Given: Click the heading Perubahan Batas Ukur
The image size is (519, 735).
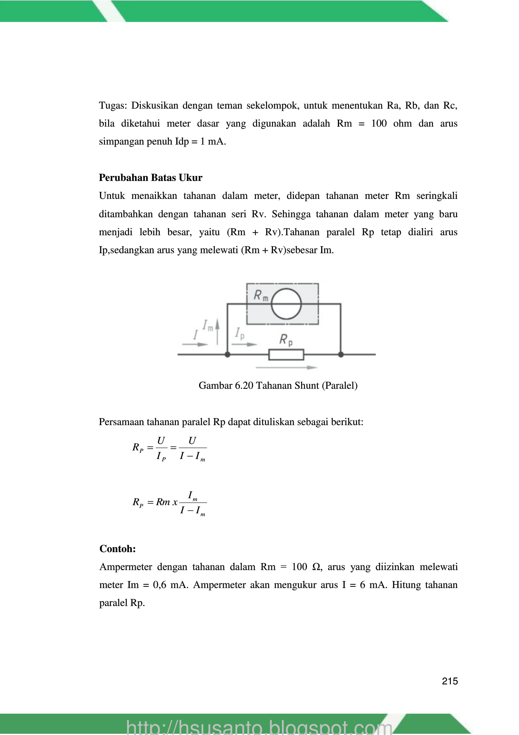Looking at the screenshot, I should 151,178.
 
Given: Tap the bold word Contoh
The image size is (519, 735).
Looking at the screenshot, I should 117,549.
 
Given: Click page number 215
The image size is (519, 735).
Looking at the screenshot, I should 450,681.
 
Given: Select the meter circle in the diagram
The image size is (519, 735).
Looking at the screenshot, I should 286,304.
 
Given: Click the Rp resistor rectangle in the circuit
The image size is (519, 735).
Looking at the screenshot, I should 286,354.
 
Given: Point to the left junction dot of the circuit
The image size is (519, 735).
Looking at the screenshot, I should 228,354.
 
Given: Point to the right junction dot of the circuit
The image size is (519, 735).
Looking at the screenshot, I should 341,354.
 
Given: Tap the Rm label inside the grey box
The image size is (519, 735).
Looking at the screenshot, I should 261,295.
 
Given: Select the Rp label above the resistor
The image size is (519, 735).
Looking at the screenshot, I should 286,339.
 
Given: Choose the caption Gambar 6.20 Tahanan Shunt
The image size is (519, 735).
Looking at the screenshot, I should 278,385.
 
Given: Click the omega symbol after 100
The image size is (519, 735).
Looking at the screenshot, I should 316,567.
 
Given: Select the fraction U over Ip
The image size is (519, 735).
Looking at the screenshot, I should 161,448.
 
